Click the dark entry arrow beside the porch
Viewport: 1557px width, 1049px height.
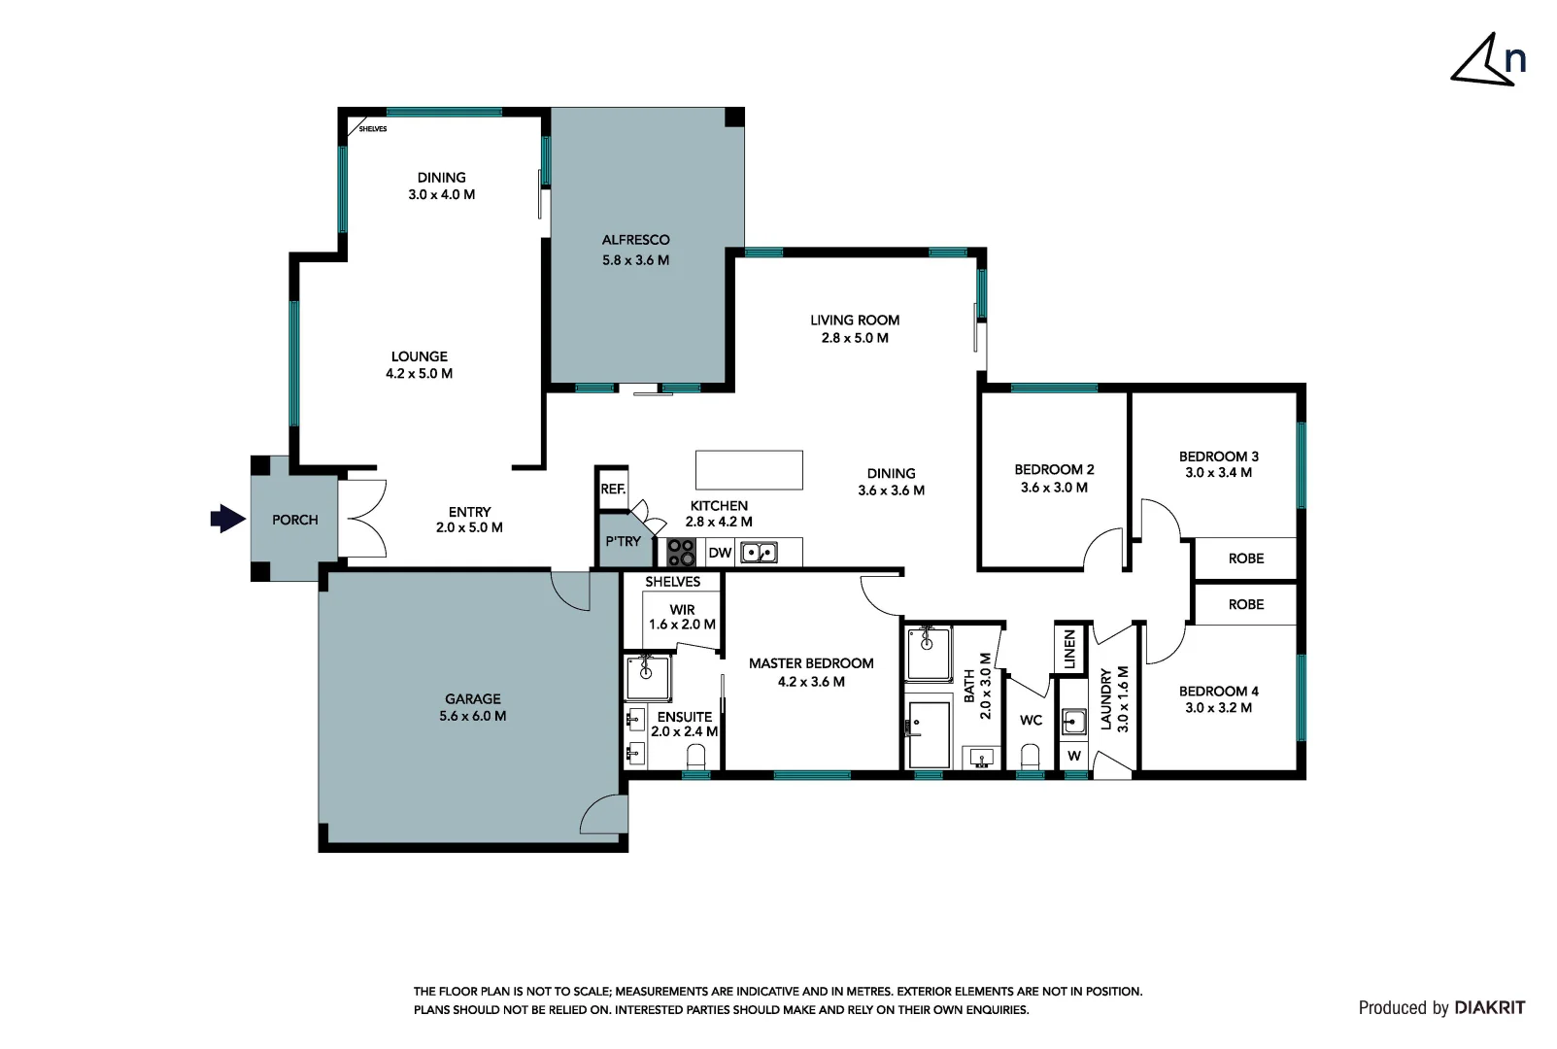click(227, 519)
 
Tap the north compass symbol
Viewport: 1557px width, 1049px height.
click(1488, 62)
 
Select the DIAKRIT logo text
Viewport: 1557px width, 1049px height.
click(1489, 1008)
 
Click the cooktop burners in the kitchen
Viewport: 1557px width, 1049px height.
click(681, 553)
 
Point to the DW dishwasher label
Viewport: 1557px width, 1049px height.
click(720, 553)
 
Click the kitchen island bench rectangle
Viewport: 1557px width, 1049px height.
click(749, 469)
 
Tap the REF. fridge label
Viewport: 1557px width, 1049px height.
click(612, 489)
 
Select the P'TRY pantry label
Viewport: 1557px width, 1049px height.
click(623, 541)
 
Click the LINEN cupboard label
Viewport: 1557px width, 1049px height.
click(1069, 649)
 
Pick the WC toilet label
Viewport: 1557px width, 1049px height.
click(1031, 720)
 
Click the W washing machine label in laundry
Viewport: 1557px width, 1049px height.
click(1073, 756)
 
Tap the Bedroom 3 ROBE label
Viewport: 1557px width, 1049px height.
click(1245, 558)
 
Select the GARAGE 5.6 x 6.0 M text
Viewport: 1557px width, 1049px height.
click(472, 707)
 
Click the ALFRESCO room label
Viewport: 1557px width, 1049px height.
click(635, 240)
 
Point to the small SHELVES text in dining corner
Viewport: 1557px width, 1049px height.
click(373, 129)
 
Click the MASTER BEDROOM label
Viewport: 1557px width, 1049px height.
click(811, 663)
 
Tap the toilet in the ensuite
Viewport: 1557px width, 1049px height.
click(695, 756)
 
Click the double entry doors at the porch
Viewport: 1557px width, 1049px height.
click(363, 519)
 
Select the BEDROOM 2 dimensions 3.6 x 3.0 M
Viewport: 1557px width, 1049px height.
click(1054, 488)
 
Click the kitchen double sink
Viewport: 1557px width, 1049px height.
click(759, 553)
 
